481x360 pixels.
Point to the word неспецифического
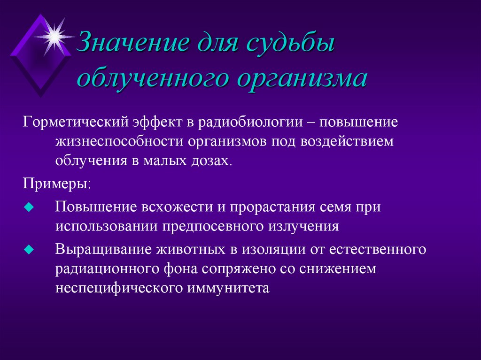coord(120,288)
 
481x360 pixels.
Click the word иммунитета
coord(229,288)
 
